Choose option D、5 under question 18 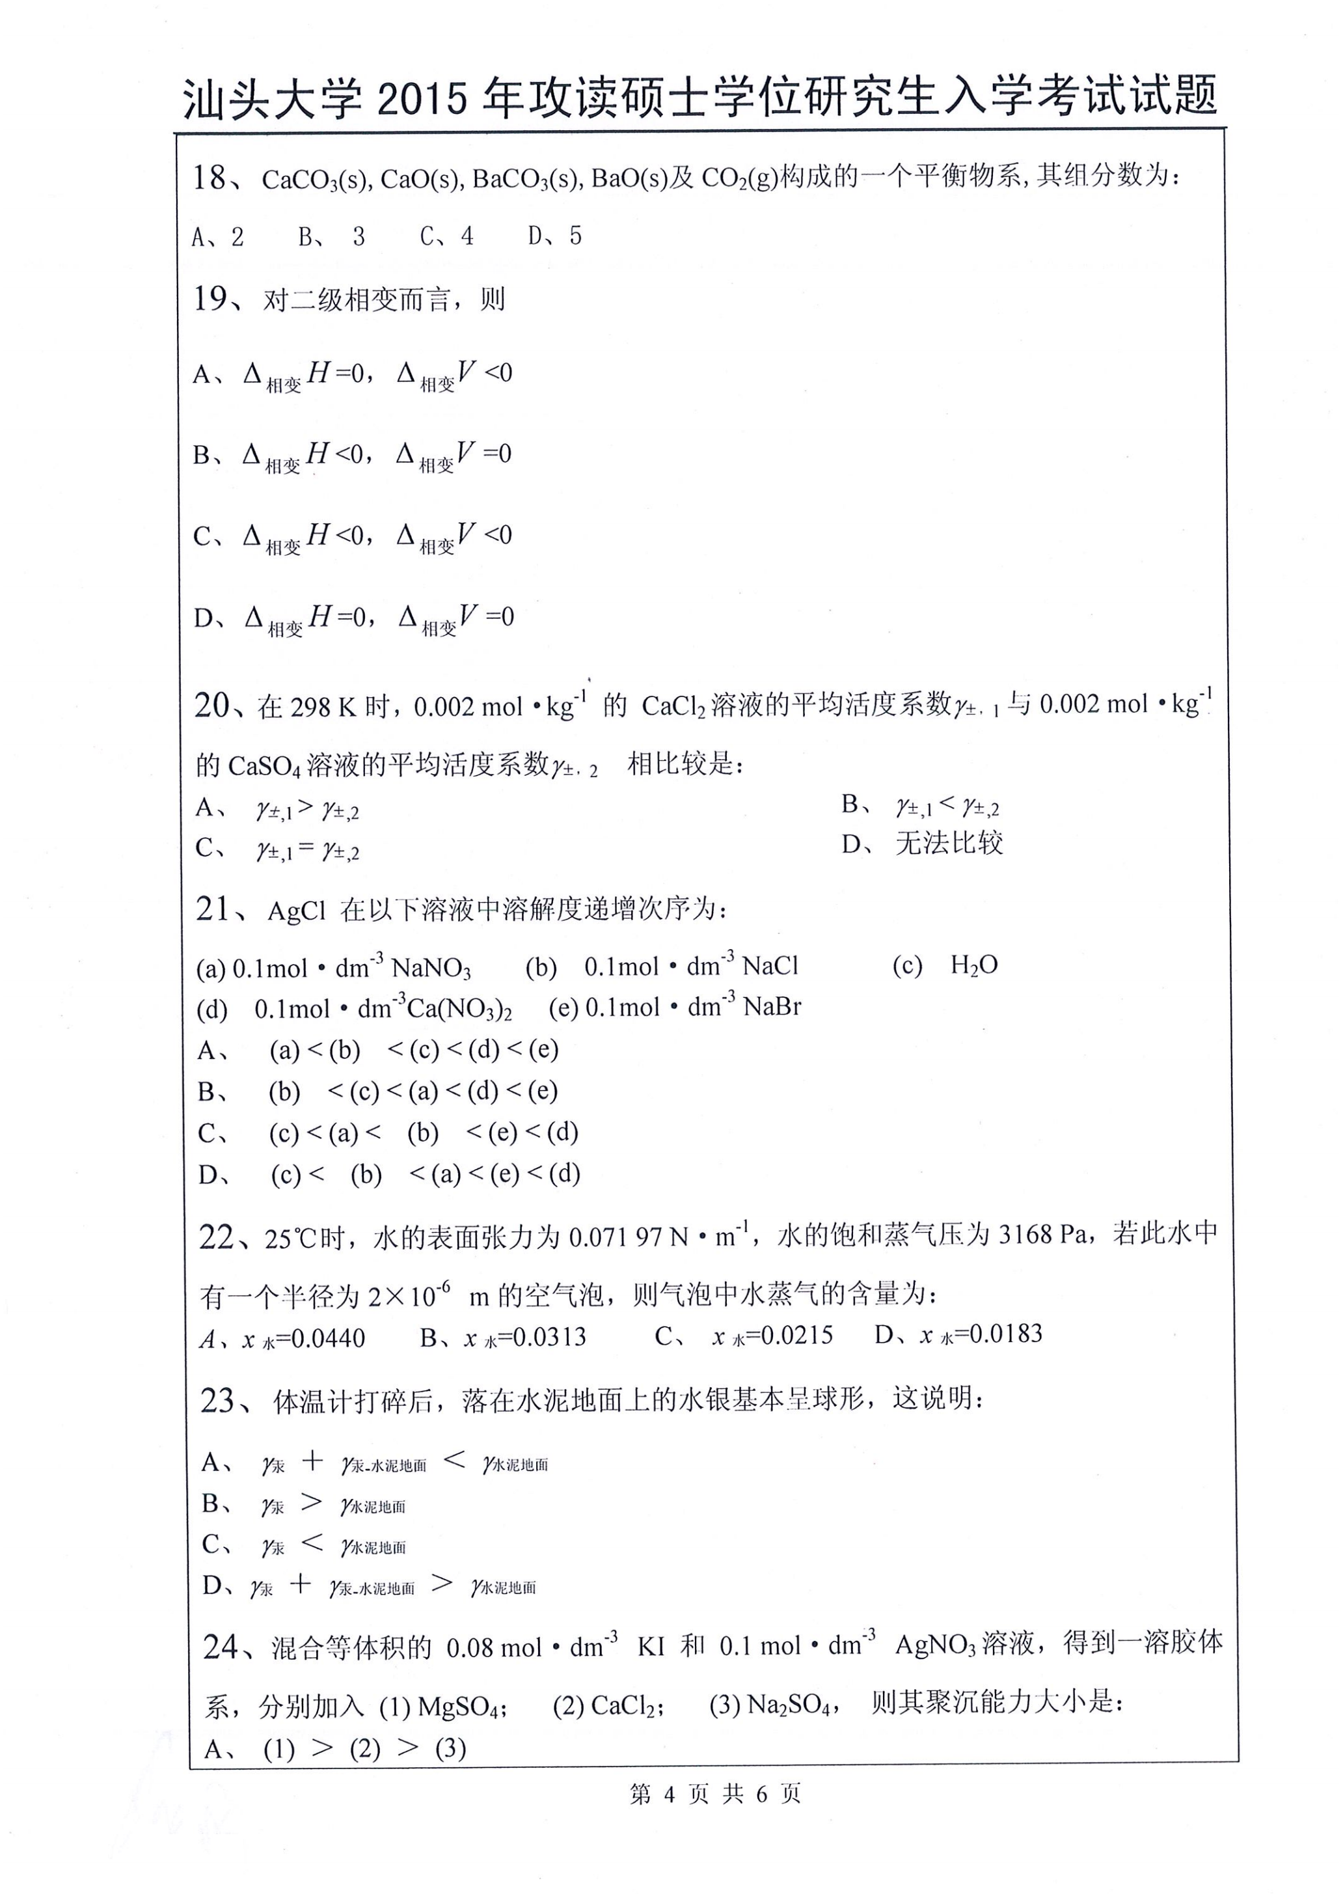555,236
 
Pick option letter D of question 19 204,618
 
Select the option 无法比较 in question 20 949,844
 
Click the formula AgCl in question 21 297,911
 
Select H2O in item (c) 973,965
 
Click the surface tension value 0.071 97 616,1237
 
